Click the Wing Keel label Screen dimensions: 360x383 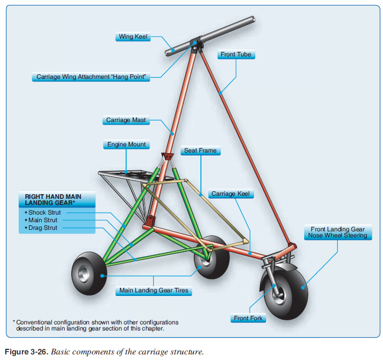(x=133, y=37)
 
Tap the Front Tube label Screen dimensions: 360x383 (x=235, y=54)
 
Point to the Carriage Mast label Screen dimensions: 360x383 (x=126, y=121)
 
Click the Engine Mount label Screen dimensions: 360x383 (x=126, y=144)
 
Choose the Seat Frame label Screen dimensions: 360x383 (x=200, y=151)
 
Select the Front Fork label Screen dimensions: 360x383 (x=249, y=318)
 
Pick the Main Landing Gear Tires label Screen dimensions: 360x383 (x=154, y=291)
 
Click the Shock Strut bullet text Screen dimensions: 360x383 (x=44, y=213)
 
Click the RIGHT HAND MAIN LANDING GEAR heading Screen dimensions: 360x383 (x=52, y=199)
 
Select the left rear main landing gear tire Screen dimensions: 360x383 (x=90, y=275)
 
